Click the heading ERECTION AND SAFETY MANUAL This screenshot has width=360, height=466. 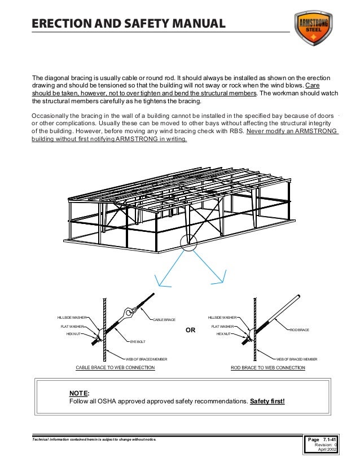coord(129,24)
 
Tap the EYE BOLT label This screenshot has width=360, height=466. coord(138,342)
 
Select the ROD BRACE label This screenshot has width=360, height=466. coord(300,329)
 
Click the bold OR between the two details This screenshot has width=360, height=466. coord(190,331)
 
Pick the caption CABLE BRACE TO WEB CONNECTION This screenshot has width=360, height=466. coord(115,368)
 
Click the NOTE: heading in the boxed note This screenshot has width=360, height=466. coord(79,393)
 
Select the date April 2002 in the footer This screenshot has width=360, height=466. coord(327,450)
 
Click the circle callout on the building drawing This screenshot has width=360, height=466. coord(188,242)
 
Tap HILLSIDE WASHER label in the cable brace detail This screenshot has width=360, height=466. coord(72,318)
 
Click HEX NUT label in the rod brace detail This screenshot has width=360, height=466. coord(224,334)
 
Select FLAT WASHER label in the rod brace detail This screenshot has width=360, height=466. coord(222,326)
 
